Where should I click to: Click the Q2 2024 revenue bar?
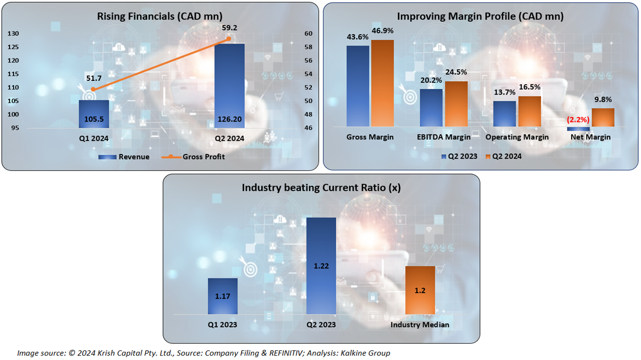point(229,84)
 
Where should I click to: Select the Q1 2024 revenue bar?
point(94,114)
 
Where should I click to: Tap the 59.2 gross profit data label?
point(229,28)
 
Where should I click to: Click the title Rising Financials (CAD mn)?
point(160,17)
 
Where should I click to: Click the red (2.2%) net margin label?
point(578,120)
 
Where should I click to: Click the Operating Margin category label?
point(517,137)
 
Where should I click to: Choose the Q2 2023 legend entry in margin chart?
point(460,156)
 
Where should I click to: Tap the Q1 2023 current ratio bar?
point(223,296)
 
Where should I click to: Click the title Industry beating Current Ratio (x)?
point(321,188)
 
